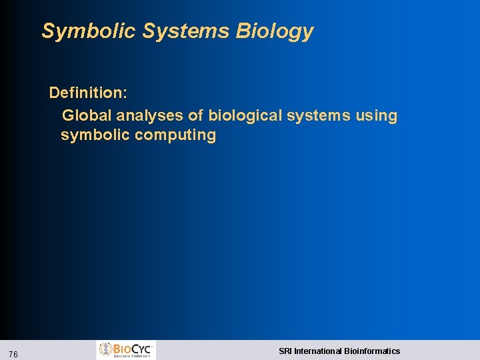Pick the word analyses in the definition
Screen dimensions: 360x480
tap(153, 115)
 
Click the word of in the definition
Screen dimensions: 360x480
tap(196, 115)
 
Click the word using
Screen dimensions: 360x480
tap(376, 115)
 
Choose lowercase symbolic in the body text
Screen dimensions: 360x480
tap(95, 135)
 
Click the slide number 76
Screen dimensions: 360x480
tap(14, 354)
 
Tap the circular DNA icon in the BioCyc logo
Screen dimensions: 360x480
tap(106, 349)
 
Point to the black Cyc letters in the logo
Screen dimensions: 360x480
tap(142, 348)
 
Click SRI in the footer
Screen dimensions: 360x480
tap(285, 351)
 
